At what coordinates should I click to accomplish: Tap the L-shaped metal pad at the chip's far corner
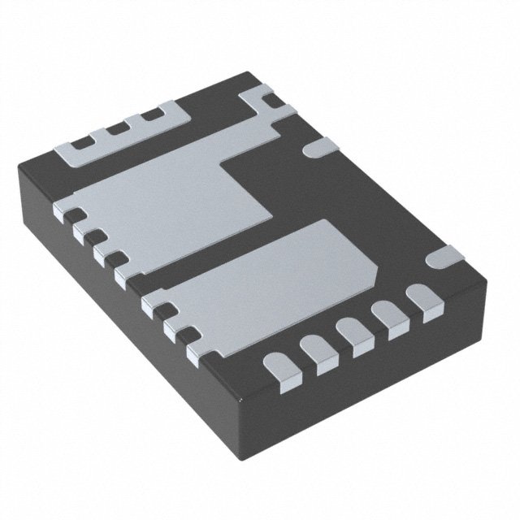(x=264, y=106)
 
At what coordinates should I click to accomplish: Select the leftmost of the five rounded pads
(x=280, y=370)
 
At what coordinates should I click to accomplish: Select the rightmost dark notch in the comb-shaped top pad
(x=151, y=115)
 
